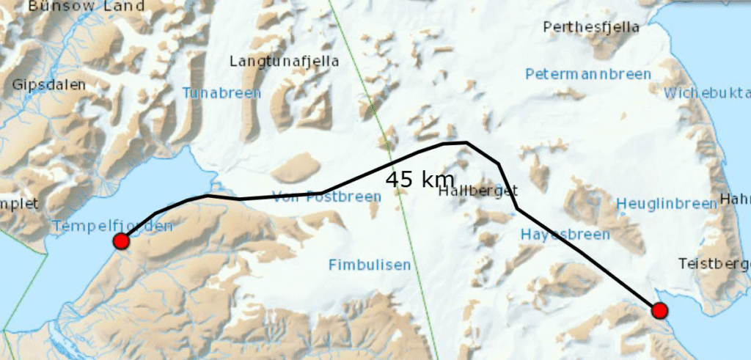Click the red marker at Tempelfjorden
coord(122,242)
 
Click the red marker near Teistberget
coord(659,311)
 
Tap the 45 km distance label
coord(420,180)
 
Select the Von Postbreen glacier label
coord(326,196)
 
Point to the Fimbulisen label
coord(370,265)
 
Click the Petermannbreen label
coord(587,74)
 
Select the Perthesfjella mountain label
coord(592,28)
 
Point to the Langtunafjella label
coord(285,62)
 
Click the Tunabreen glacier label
coord(221,93)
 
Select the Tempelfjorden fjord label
coord(112,226)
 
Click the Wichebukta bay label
coord(707,93)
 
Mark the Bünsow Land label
coord(87,6)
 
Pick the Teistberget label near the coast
coord(714,263)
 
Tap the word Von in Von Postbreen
coord(285,196)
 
